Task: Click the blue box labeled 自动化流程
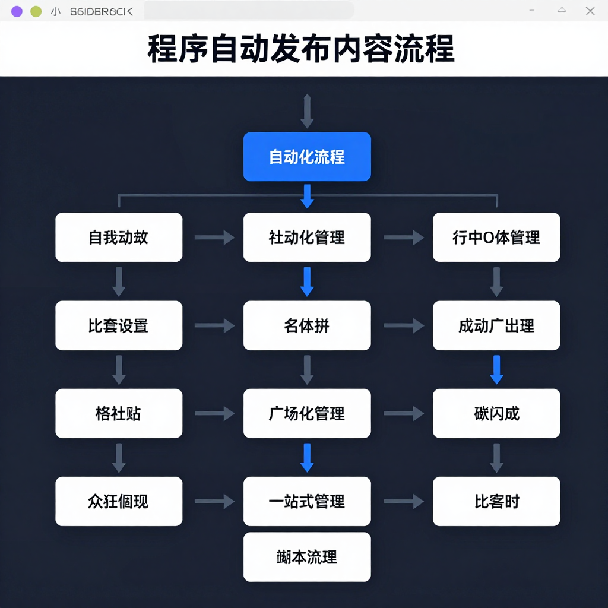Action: tap(307, 157)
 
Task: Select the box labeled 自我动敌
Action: tap(119, 237)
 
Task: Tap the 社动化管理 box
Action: tap(307, 237)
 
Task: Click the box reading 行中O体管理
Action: tap(496, 237)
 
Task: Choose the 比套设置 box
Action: tap(119, 325)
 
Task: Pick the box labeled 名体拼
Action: tap(307, 325)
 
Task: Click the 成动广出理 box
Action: tap(496, 325)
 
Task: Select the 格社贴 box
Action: tap(119, 413)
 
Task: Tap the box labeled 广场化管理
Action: tap(307, 413)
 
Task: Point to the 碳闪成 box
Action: tap(496, 413)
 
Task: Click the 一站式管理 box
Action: tap(307, 501)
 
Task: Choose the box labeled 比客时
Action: tap(496, 501)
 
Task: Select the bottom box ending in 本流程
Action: tap(307, 557)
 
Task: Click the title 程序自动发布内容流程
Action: tap(301, 49)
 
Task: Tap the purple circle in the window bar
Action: tap(17, 11)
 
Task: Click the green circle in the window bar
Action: tap(36, 11)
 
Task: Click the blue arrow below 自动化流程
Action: tap(307, 196)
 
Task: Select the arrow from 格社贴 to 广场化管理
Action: tap(214, 414)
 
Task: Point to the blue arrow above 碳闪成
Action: tap(497, 369)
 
